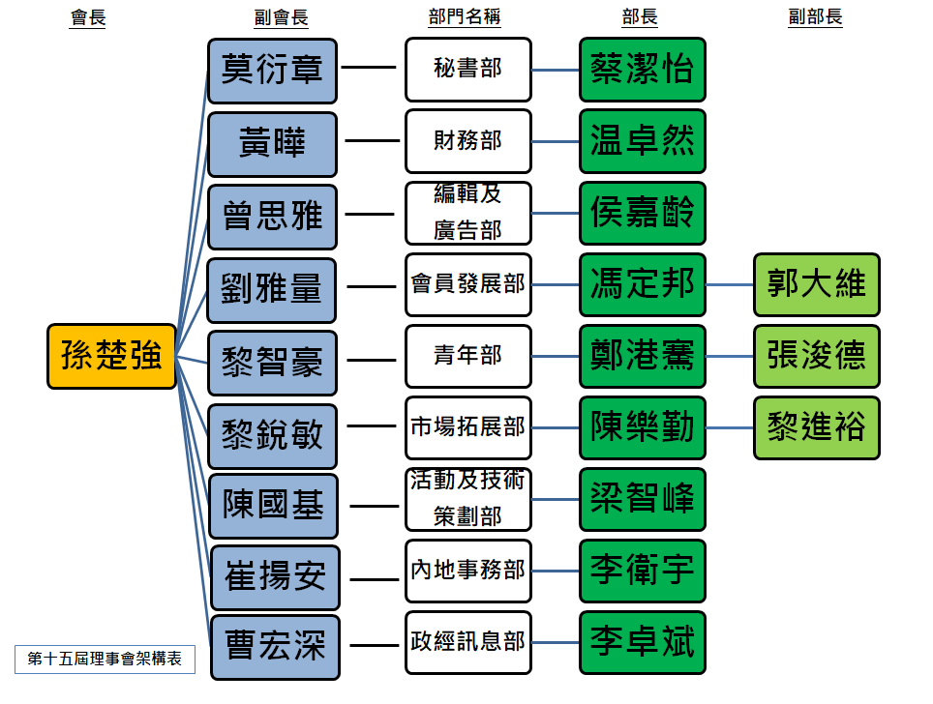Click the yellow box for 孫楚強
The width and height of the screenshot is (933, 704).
point(112,356)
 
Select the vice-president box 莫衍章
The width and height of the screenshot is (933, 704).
point(272,71)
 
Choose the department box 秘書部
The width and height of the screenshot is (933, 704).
point(468,70)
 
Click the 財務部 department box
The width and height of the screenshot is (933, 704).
point(468,141)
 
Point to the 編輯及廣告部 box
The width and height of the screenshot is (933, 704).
point(468,213)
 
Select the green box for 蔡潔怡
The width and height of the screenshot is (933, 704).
point(643,70)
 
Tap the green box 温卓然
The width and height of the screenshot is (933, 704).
point(643,141)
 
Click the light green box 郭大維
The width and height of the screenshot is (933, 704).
point(817,284)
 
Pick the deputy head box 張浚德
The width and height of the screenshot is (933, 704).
point(817,356)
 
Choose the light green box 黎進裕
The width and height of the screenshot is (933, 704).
point(817,427)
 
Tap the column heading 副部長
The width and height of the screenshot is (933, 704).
point(815,17)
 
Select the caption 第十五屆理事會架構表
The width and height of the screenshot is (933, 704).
point(105,660)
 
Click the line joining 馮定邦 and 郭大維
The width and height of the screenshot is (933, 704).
point(730,285)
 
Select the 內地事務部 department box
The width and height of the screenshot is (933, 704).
point(468,571)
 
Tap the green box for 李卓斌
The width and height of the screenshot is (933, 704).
point(643,642)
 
